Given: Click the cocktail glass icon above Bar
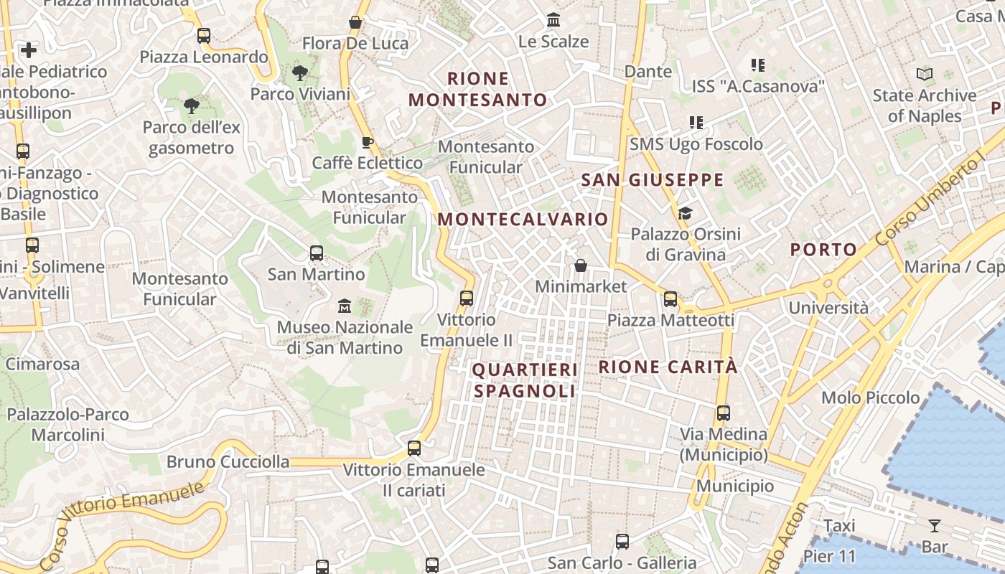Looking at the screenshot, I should coord(935,526).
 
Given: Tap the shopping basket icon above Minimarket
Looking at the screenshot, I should coord(581,266).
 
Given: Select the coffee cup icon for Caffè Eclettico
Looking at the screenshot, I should coord(368,142).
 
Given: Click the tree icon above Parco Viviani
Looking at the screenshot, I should coord(300,72).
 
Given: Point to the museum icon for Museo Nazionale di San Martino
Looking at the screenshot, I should coord(345,306).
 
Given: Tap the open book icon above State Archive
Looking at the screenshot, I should coord(925,74).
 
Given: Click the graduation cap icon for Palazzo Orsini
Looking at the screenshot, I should coord(685,213).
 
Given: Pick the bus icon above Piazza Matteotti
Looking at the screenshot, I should coord(670,299).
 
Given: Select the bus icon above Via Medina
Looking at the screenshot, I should coord(723,413).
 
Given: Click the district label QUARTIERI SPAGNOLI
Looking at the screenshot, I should coord(525,380).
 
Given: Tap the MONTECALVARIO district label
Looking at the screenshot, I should coord(523,220).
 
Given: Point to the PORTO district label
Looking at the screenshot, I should coord(823,250).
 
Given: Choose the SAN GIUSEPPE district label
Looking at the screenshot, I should coord(652,180).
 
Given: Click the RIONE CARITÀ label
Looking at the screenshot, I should coord(668,367).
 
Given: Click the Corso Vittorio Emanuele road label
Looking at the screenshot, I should coord(122,525).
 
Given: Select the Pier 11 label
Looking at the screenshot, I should coord(830,556).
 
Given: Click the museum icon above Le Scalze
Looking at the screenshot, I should coord(553,20).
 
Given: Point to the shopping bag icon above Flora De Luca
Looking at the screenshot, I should coord(355,22).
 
